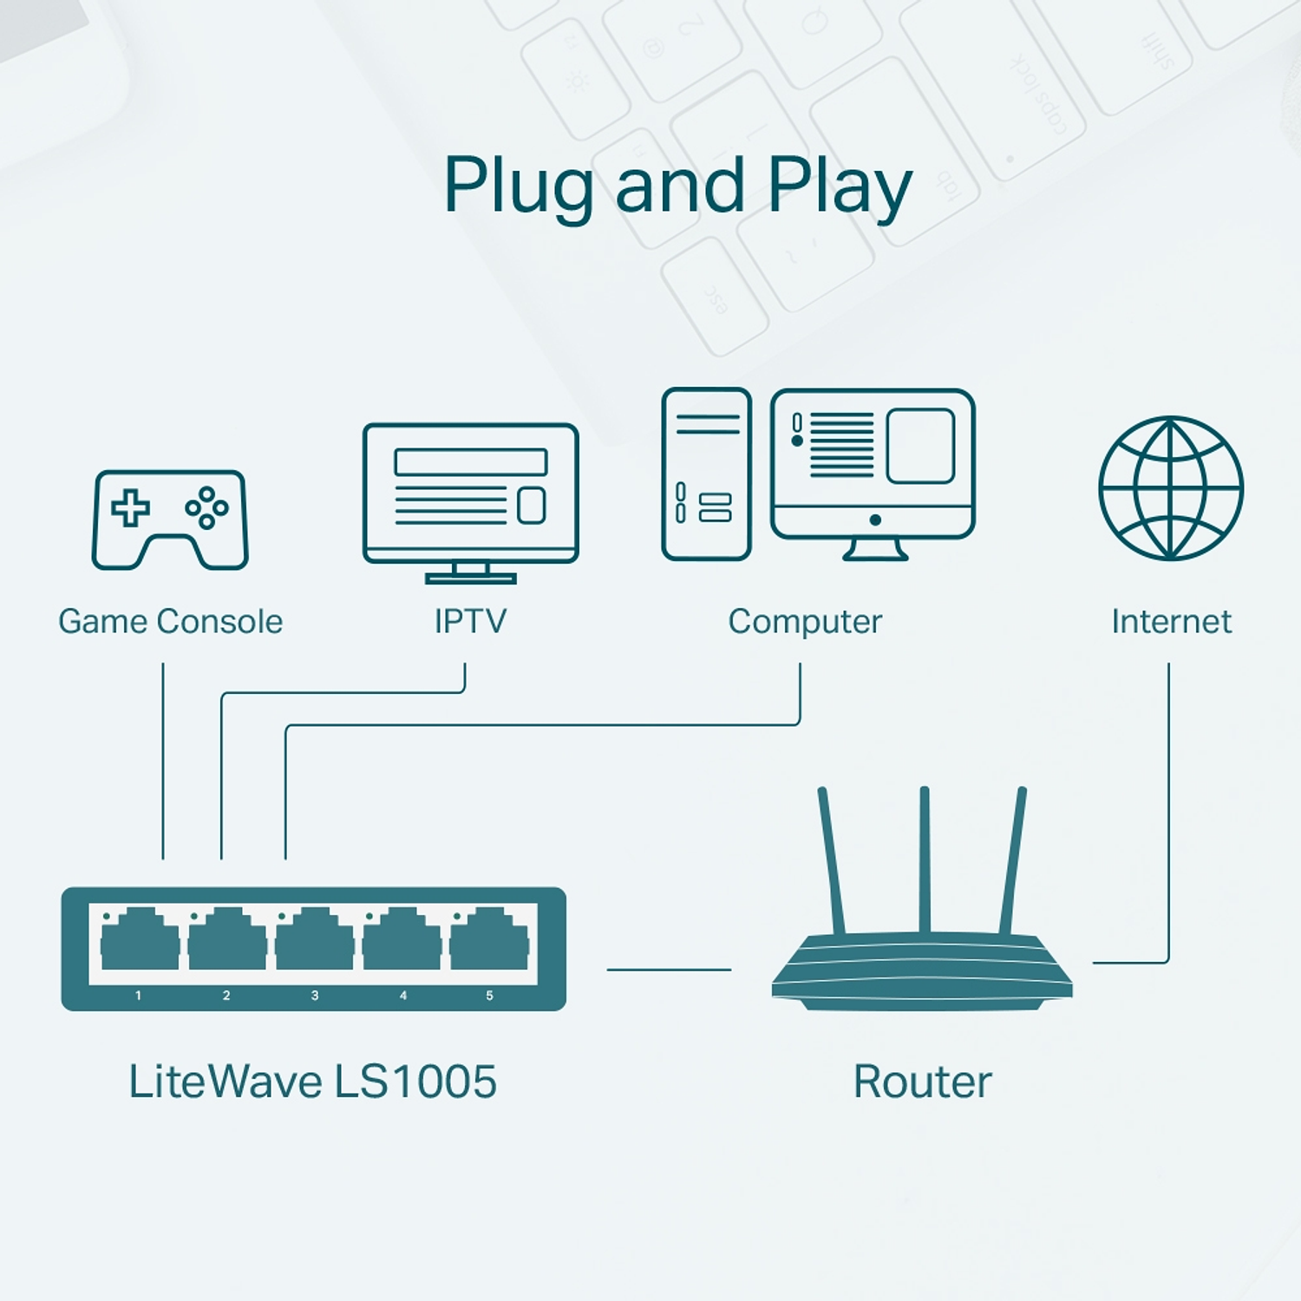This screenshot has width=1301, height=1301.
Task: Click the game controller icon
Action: [x=170, y=519]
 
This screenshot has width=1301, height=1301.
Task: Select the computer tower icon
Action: [x=706, y=474]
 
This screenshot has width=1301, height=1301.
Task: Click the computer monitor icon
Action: [x=873, y=473]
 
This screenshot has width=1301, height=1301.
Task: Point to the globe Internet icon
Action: [x=1170, y=488]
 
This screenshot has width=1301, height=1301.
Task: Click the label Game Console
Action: [x=170, y=621]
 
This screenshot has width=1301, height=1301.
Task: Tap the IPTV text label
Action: [x=470, y=621]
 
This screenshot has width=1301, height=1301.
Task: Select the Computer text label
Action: [x=805, y=621]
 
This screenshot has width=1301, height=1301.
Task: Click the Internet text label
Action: [x=1171, y=621]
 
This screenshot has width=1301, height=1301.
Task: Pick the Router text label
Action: [x=922, y=1082]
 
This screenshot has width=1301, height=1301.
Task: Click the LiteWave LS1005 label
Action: [x=312, y=1082]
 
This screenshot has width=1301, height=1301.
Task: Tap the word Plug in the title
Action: [x=518, y=186]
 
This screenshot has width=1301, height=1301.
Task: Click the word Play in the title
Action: [x=840, y=186]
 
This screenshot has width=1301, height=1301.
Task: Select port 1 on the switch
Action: [x=140, y=940]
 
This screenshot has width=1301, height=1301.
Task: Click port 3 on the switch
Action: [x=315, y=940]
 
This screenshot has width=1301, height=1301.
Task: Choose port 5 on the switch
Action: [x=489, y=940]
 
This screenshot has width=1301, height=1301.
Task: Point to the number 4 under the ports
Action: [x=402, y=996]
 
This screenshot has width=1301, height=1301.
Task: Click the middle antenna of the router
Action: [x=925, y=859]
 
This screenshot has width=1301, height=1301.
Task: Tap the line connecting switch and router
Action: [x=669, y=970]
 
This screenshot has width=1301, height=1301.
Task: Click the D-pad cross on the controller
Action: [x=130, y=507]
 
